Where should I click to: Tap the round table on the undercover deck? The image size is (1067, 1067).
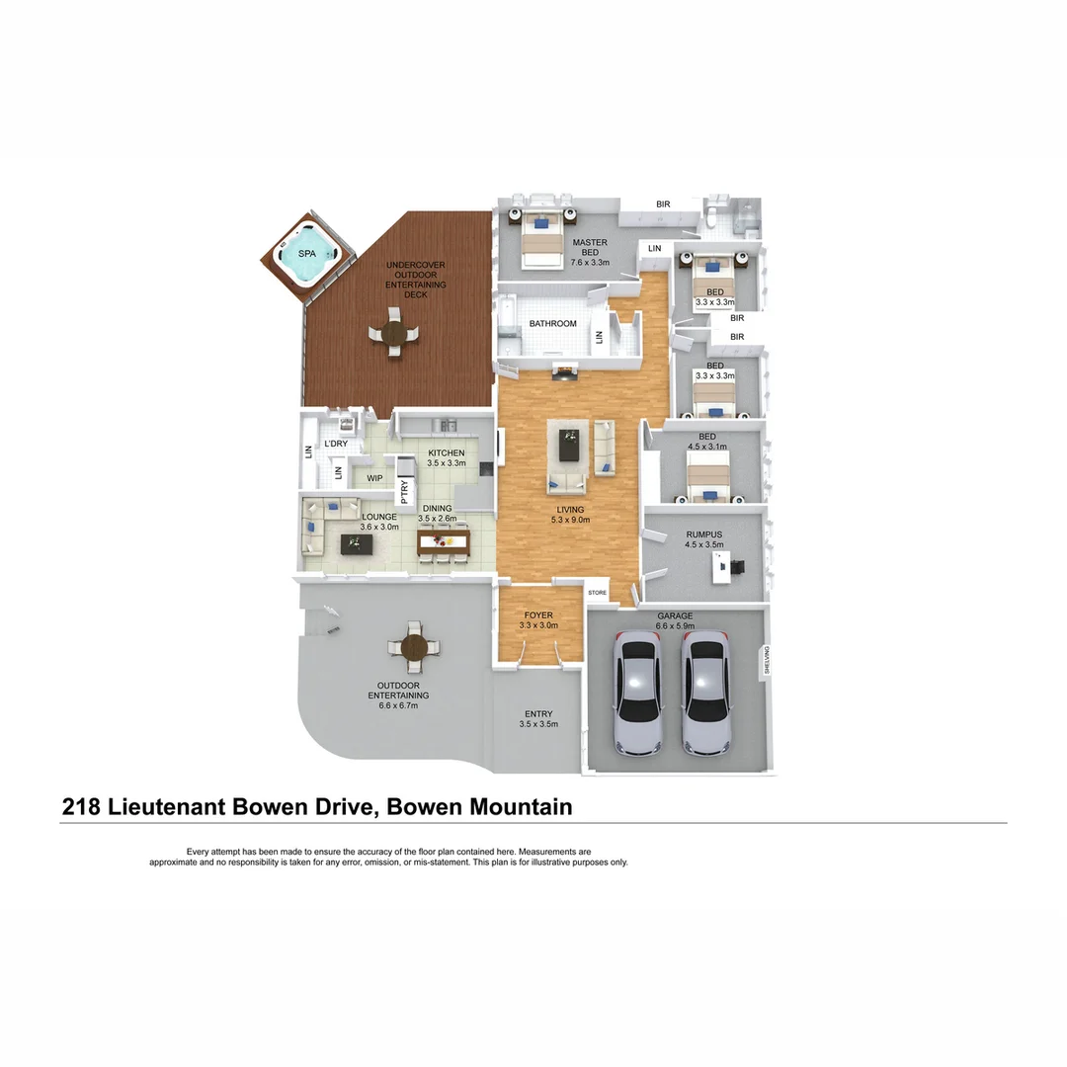click(x=394, y=333)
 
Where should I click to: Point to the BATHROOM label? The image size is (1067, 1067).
click(x=552, y=324)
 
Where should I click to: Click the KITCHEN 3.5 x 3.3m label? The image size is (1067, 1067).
click(x=446, y=457)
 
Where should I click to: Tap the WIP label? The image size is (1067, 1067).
click(x=374, y=479)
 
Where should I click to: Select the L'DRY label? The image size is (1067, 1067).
click(x=336, y=445)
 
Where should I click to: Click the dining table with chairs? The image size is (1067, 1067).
click(x=443, y=541)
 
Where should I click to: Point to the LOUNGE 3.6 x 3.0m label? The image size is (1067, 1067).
click(x=378, y=522)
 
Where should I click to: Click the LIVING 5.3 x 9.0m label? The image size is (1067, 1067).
click(x=571, y=515)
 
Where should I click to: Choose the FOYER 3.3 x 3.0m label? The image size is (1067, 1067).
click(x=538, y=619)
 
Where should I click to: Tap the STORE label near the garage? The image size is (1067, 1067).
click(x=597, y=593)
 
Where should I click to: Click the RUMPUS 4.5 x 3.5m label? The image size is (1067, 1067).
click(x=704, y=539)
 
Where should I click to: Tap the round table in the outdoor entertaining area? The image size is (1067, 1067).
click(x=414, y=647)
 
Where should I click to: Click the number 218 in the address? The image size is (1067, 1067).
click(x=81, y=807)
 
